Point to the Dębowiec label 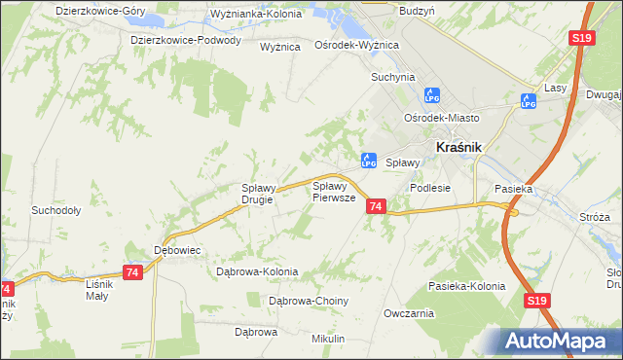click(177, 250)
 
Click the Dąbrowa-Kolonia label click(258, 271)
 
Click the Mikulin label click(328, 338)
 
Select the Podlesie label click(430, 188)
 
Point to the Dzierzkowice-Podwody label click(186, 40)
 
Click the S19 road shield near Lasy click(581, 38)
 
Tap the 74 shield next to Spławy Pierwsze click(376, 206)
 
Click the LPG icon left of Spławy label click(369, 161)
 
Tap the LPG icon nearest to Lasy click(529, 100)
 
